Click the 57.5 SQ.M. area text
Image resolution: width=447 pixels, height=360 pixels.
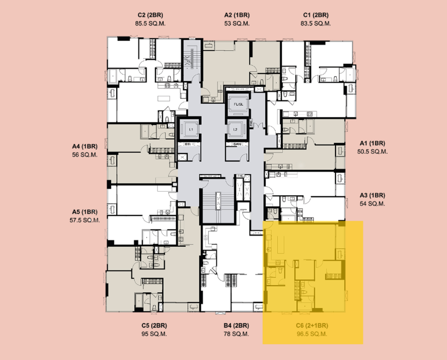(85, 220)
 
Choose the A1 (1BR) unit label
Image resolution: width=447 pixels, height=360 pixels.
(372, 143)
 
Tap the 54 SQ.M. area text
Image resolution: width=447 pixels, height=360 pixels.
(372, 204)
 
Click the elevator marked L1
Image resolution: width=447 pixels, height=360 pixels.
(191, 130)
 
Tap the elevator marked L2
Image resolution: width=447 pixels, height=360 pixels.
(235, 130)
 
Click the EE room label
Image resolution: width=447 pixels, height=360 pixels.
(188, 144)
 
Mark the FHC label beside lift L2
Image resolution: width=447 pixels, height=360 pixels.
(251, 123)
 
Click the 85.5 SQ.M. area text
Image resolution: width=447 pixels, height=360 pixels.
(151, 23)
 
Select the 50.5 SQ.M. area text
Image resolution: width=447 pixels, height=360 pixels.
(372, 151)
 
